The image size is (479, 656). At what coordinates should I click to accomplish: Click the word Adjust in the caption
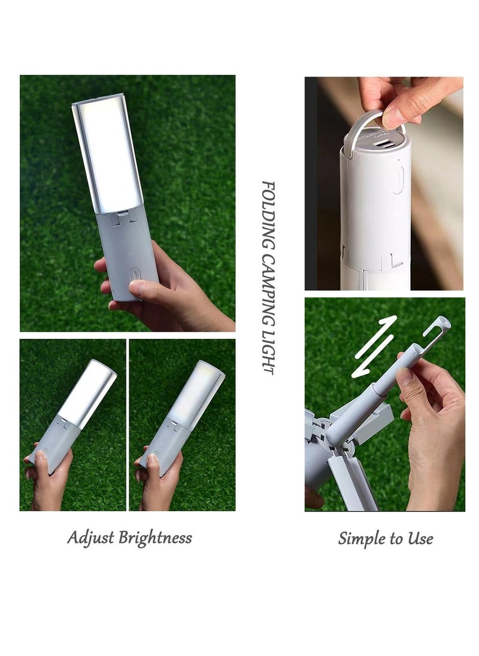pyautogui.click(x=90, y=537)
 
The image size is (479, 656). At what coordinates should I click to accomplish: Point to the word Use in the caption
pyautogui.click(x=420, y=538)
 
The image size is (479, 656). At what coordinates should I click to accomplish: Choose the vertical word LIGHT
pyautogui.click(x=268, y=353)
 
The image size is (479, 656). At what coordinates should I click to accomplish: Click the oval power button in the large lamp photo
pyautogui.click(x=137, y=272)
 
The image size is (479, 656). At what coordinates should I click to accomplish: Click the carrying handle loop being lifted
pyautogui.click(x=365, y=120)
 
